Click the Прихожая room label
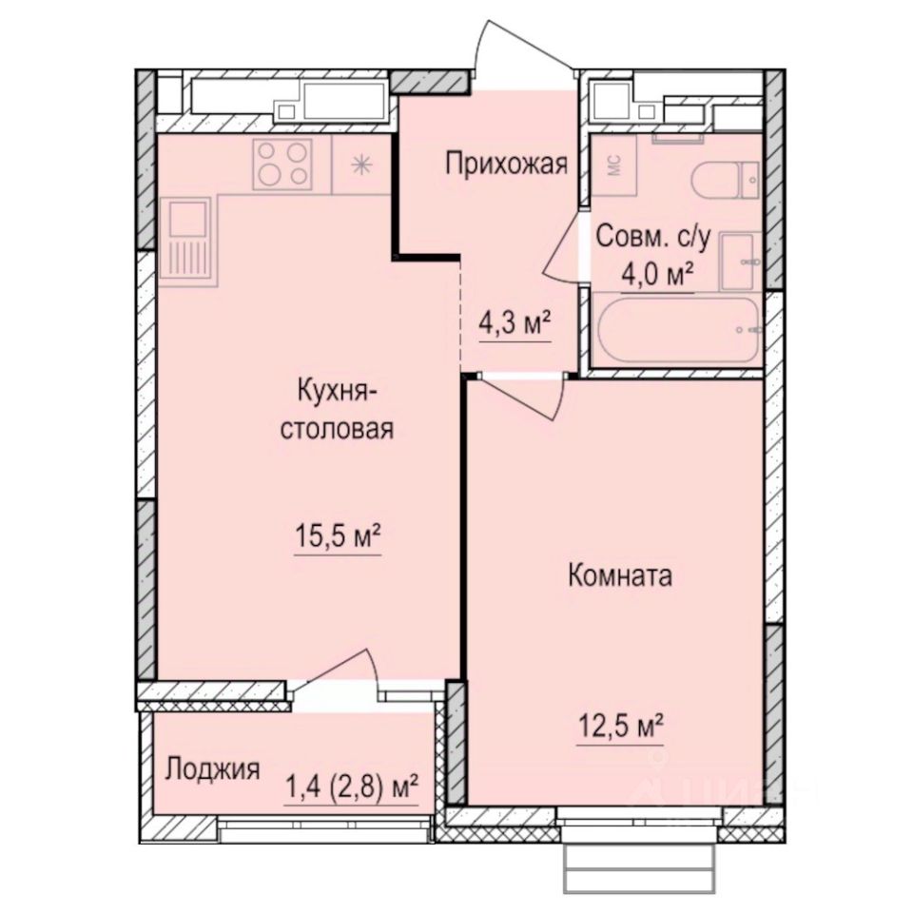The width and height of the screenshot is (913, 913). (x=506, y=165)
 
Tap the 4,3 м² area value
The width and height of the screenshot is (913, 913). (x=515, y=325)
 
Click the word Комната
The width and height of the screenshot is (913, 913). (x=620, y=575)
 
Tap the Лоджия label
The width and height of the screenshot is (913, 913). (x=212, y=768)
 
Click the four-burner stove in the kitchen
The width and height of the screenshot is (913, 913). (x=282, y=164)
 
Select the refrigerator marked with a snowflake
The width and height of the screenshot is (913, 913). (x=360, y=164)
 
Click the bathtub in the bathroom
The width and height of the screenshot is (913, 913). (x=675, y=329)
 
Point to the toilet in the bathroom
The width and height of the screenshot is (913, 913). (x=727, y=179)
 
